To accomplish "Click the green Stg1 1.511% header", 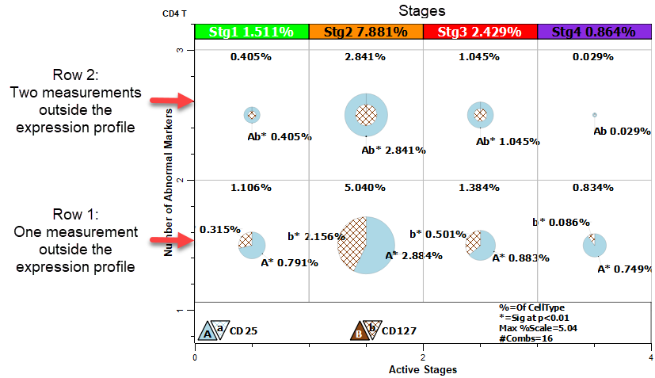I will [x=251, y=32].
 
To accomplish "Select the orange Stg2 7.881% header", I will [x=365, y=32].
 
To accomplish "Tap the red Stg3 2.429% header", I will [x=480, y=32].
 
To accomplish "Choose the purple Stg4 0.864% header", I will [x=594, y=32].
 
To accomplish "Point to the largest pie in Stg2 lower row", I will [x=366, y=245].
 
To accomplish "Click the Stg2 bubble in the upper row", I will [x=366, y=115].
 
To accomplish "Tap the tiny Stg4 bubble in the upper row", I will [x=594, y=115].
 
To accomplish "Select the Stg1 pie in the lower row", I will [x=252, y=244].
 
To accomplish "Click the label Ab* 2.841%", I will [x=394, y=150].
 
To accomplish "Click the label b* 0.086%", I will [x=561, y=222].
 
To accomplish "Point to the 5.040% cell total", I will [x=365, y=188].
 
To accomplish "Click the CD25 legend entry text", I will [x=242, y=330].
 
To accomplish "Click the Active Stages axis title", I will [x=422, y=370].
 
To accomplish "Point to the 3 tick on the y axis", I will [x=181, y=50].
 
